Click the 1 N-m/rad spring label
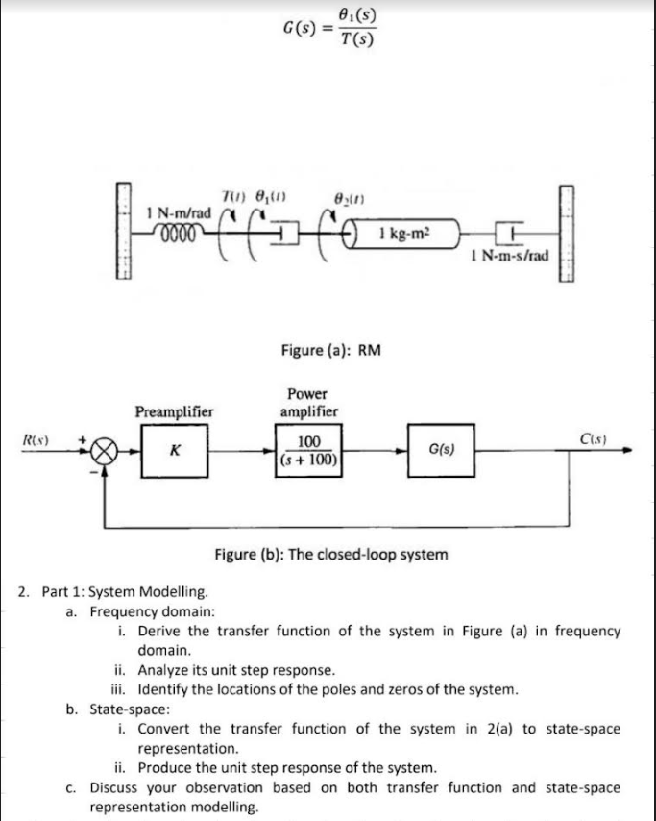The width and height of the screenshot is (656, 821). click(172, 211)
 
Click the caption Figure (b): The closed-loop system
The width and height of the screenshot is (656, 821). click(329, 555)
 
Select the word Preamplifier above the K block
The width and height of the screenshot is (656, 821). click(174, 410)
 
